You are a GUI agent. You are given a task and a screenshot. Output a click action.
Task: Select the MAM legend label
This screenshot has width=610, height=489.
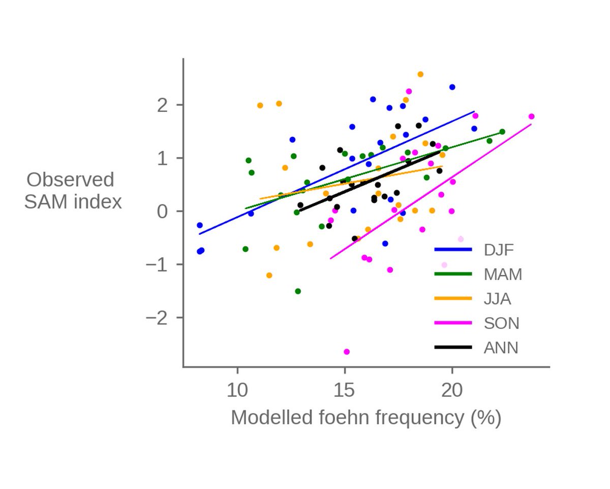(503, 274)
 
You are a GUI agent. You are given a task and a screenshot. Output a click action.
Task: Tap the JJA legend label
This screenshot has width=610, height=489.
(497, 299)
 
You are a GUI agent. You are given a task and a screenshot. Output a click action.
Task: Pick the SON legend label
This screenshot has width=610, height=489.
(501, 323)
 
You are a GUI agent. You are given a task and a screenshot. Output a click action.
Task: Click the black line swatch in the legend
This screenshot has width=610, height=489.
(453, 348)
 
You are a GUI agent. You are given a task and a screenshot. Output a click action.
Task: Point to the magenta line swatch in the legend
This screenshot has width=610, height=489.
(453, 323)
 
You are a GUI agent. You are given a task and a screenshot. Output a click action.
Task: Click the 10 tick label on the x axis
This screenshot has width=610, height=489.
(237, 391)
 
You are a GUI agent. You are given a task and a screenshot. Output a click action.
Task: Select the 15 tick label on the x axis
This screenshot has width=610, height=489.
(345, 391)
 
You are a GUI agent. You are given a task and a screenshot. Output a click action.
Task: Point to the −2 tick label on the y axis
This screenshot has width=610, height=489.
(157, 318)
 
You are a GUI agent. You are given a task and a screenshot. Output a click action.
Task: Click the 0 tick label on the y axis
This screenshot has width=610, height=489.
(163, 211)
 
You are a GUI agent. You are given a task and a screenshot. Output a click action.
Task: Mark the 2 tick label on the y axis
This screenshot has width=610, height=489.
(163, 105)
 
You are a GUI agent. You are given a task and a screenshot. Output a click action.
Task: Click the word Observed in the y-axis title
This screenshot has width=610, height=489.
(70, 180)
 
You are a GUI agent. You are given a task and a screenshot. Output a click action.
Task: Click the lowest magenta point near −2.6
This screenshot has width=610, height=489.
(347, 352)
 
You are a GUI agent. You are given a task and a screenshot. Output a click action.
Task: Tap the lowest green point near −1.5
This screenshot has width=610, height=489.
(298, 291)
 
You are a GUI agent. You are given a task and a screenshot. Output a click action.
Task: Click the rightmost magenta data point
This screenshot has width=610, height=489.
(531, 117)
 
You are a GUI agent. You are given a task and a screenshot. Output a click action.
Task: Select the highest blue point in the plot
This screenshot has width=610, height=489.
(452, 87)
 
